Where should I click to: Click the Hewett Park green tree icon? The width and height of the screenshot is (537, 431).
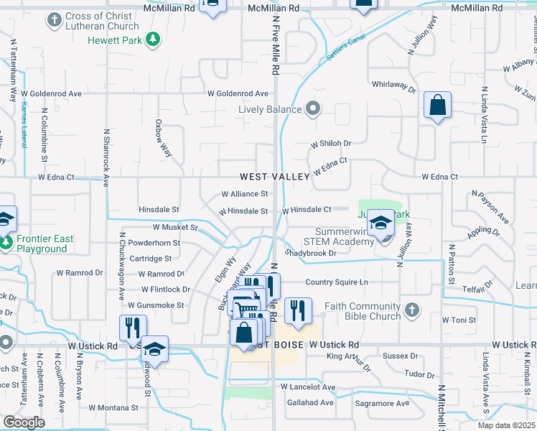[x=152, y=40]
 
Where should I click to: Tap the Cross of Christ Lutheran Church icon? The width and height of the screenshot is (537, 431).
[x=54, y=21]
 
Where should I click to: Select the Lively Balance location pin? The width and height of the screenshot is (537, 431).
[x=312, y=109]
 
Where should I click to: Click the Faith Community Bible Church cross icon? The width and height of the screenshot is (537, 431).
[x=411, y=310]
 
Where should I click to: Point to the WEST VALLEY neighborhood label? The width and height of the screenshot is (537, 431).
[x=275, y=176]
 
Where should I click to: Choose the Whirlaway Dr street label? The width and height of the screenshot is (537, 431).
[x=393, y=85]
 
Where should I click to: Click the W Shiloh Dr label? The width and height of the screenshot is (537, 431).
[x=330, y=144]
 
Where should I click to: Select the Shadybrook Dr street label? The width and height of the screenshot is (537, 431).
[x=311, y=253]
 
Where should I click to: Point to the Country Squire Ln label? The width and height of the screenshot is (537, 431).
[x=337, y=282]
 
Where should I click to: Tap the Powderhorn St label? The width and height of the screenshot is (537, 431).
[x=155, y=243]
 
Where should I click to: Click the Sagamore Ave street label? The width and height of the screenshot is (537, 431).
[x=385, y=403]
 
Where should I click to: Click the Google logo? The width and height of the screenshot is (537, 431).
[x=24, y=422]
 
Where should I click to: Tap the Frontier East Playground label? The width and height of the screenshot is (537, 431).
[x=42, y=244]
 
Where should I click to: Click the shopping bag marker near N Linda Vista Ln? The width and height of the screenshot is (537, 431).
[x=436, y=106]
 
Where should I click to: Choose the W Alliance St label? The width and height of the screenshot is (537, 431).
[x=244, y=194]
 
